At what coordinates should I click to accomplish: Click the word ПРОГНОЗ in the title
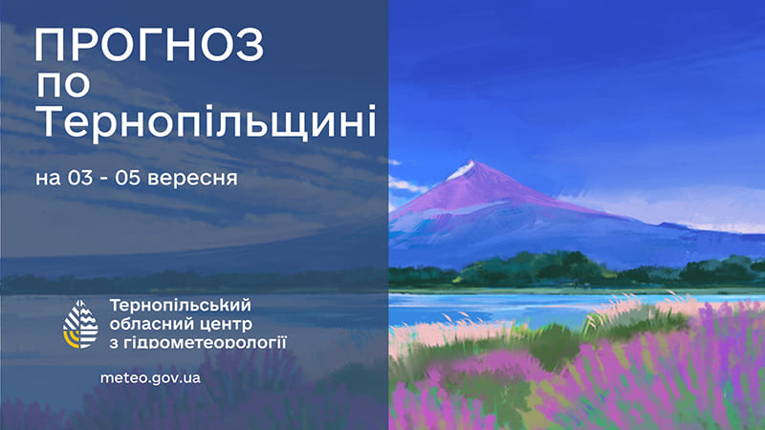tap(149, 44)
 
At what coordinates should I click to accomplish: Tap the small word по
tap(63, 84)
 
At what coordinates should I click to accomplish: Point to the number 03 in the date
tap(80, 178)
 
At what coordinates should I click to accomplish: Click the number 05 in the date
tap(128, 178)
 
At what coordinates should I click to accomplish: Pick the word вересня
tap(192, 179)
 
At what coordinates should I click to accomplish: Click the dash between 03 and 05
tap(103, 180)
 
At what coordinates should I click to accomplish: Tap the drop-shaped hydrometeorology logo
tap(80, 324)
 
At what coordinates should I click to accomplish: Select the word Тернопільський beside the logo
tap(181, 305)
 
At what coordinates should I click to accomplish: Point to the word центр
tap(222, 325)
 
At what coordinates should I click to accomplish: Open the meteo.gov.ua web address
tap(150, 377)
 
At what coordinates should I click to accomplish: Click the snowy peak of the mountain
tap(462, 170)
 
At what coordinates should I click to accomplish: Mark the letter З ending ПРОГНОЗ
tap(250, 44)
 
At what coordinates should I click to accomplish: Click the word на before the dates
tap(49, 179)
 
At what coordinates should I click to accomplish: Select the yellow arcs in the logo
tap(71, 339)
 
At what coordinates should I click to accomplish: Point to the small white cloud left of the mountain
tap(406, 183)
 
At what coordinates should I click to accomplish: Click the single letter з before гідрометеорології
tap(114, 342)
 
